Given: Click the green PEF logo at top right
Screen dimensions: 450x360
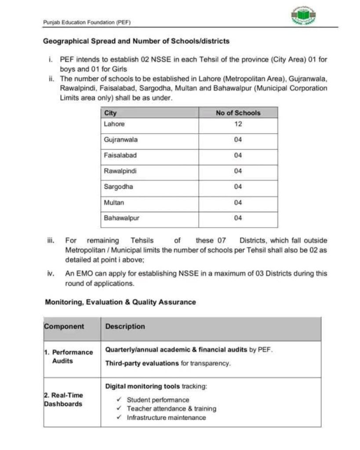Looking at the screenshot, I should click(x=304, y=16).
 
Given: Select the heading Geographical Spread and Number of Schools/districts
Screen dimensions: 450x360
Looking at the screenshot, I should click(x=136, y=41).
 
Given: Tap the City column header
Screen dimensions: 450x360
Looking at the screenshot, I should click(x=110, y=113).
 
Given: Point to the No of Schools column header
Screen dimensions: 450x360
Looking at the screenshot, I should click(x=238, y=113).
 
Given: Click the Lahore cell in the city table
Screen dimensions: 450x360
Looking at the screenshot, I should click(x=114, y=124).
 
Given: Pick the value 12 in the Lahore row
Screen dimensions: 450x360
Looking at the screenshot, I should click(x=238, y=124).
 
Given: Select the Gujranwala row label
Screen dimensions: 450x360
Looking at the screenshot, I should click(x=121, y=140).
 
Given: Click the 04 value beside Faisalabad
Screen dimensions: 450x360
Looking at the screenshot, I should click(x=238, y=155).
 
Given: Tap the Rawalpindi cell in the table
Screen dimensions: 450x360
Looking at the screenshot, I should click(x=120, y=171).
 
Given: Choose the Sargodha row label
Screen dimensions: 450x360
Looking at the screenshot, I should click(x=118, y=187).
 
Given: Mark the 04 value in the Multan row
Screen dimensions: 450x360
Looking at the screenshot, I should click(x=238, y=203).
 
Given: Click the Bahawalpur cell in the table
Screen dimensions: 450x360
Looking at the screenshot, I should click(x=122, y=218).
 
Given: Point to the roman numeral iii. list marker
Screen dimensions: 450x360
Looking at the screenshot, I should click(x=51, y=241).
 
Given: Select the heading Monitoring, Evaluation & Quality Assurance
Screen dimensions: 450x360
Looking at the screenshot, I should click(x=120, y=302).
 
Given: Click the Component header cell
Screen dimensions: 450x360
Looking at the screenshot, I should click(x=64, y=327).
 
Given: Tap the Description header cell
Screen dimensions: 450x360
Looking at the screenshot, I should click(x=125, y=327).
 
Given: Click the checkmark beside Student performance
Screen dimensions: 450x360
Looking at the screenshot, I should click(x=119, y=399).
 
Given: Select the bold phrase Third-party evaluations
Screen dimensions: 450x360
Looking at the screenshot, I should click(x=142, y=363).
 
